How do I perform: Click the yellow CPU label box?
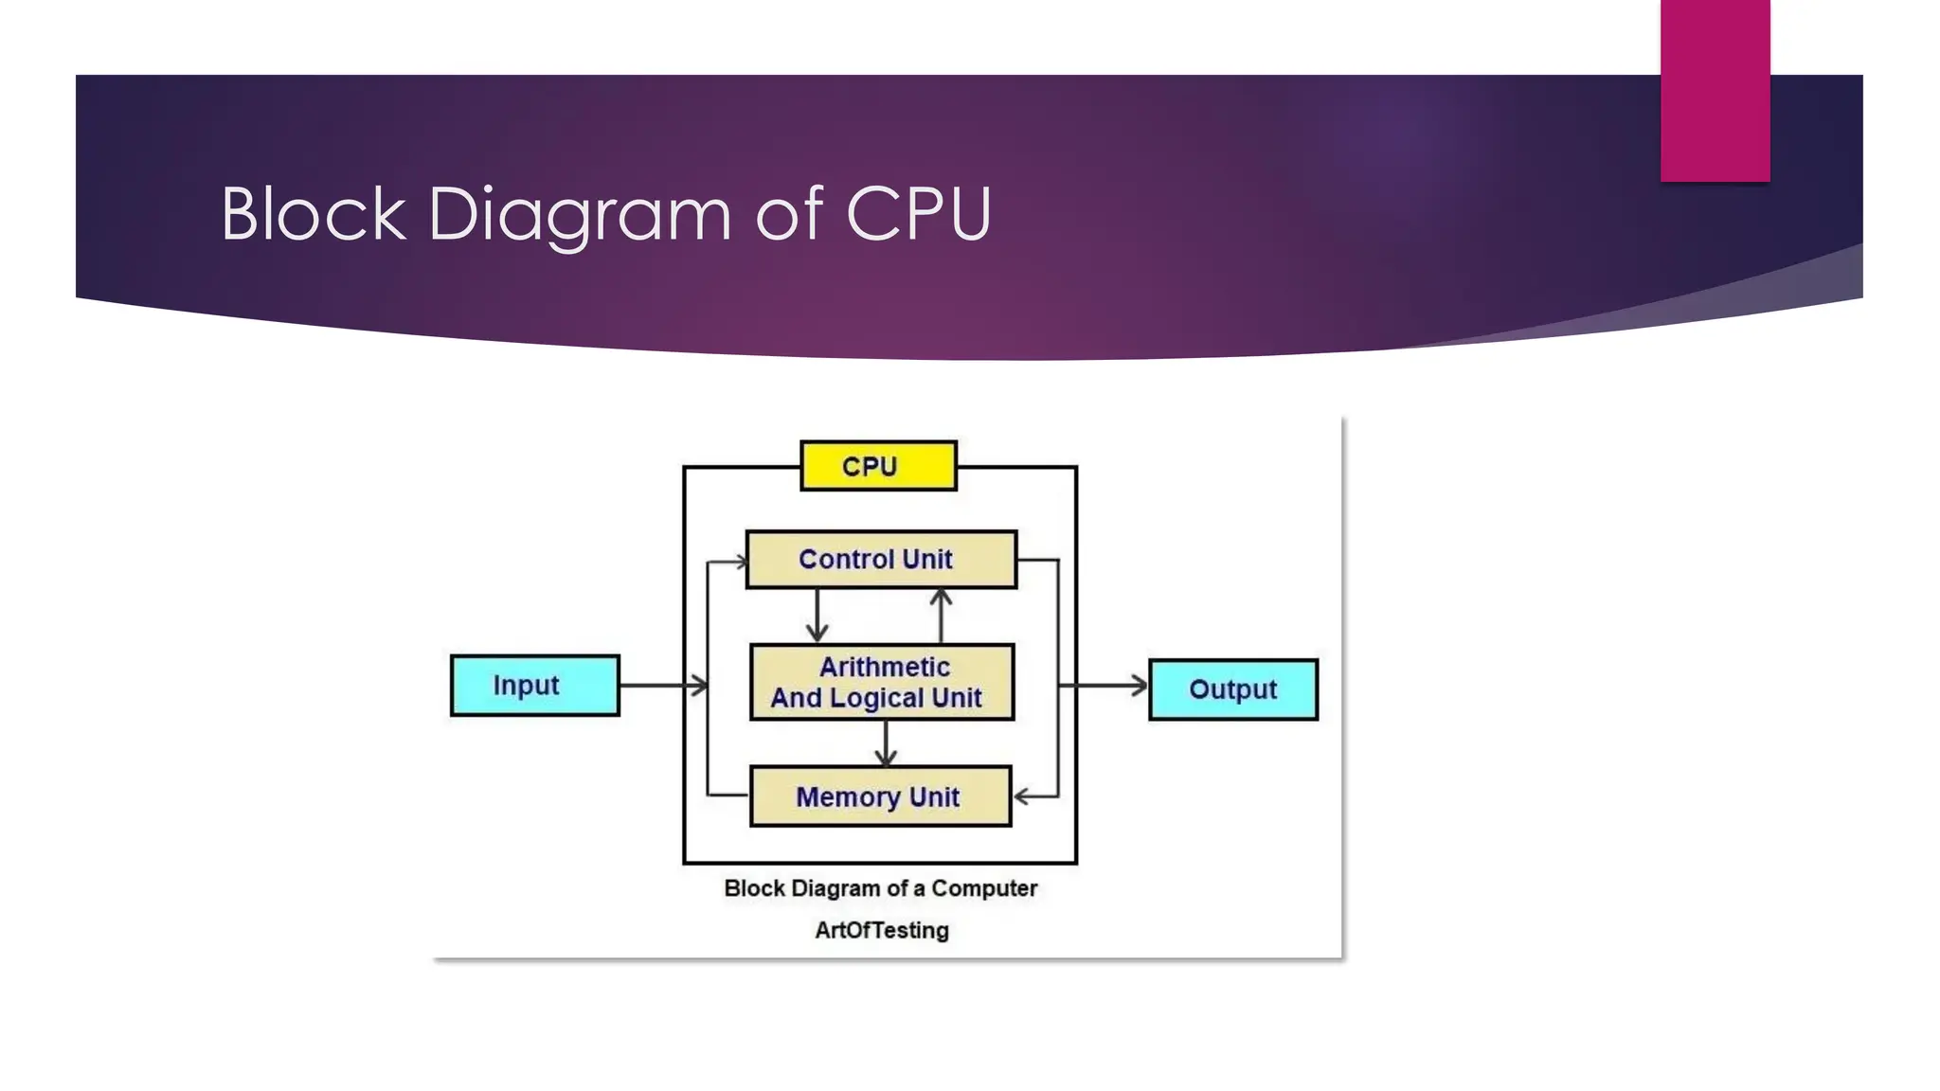pyautogui.click(x=878, y=466)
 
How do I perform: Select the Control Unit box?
pyautogui.click(x=881, y=560)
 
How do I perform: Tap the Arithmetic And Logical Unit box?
pyautogui.click(x=881, y=682)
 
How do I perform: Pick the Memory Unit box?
pyautogui.click(x=880, y=796)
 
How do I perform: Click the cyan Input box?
pyautogui.click(x=534, y=685)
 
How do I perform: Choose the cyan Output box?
pyautogui.click(x=1232, y=689)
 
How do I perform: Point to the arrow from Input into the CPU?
pyautogui.click(x=663, y=685)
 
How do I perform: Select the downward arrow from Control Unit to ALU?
pyautogui.click(x=817, y=617)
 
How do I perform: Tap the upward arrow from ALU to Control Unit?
pyautogui.click(x=941, y=616)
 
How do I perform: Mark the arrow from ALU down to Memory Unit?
pyautogui.click(x=886, y=743)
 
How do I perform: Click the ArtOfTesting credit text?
pyautogui.click(x=881, y=930)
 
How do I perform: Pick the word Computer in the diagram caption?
pyautogui.click(x=984, y=888)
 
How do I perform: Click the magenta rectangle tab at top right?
pyautogui.click(x=1715, y=90)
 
